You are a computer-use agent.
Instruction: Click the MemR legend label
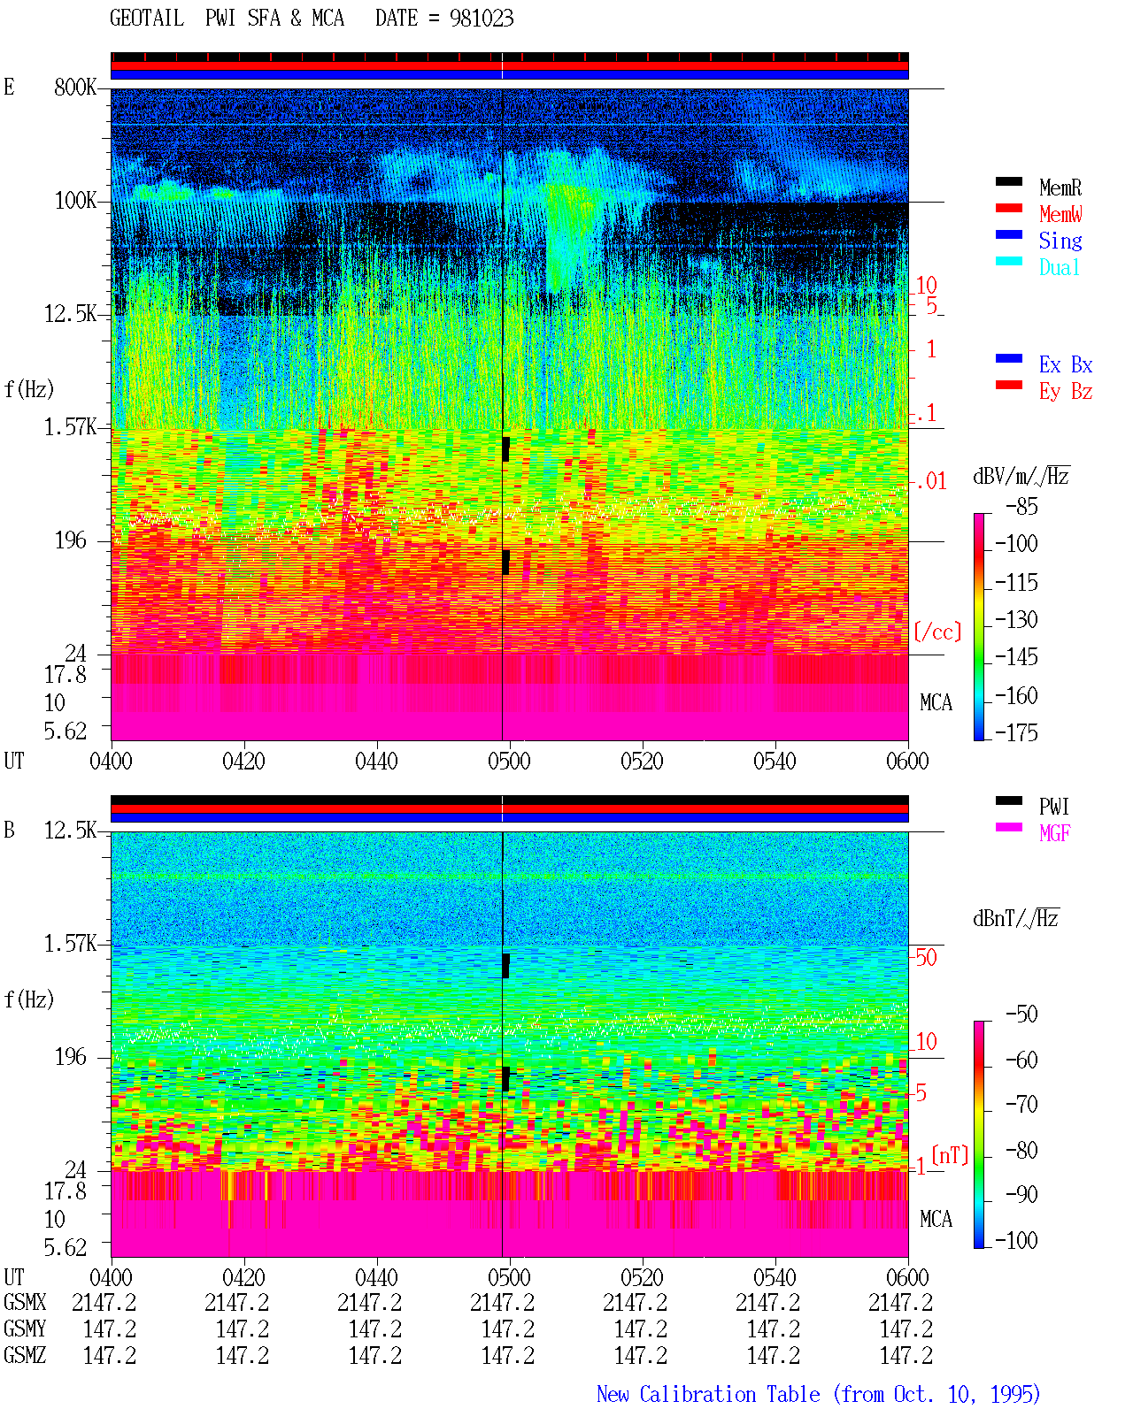pyautogui.click(x=1060, y=188)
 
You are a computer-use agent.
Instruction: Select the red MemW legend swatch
pyautogui.click(x=1008, y=208)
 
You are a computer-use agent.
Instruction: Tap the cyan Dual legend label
pyautogui.click(x=1059, y=267)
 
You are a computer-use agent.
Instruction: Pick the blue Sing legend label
pyautogui.click(x=1060, y=241)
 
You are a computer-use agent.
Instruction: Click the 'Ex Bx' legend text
pyautogui.click(x=1065, y=364)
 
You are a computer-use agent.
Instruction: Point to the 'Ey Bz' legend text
pyautogui.click(x=1065, y=392)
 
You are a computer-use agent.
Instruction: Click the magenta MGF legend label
pyautogui.click(x=1054, y=833)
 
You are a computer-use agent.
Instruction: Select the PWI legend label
pyautogui.click(x=1053, y=807)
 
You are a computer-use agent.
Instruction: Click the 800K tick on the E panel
pyautogui.click(x=75, y=87)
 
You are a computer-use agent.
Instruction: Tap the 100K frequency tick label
pyautogui.click(x=75, y=201)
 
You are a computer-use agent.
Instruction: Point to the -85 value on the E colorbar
pyautogui.click(x=1021, y=507)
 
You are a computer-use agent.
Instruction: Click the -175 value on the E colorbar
pyautogui.click(x=1016, y=732)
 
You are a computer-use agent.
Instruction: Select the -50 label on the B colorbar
pyautogui.click(x=1021, y=1015)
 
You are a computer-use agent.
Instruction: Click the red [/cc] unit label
pyautogui.click(x=937, y=632)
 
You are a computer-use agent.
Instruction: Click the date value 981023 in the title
pyautogui.click(x=482, y=19)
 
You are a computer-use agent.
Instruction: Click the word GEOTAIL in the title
pyautogui.click(x=147, y=19)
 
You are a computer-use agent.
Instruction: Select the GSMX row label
pyautogui.click(x=25, y=1302)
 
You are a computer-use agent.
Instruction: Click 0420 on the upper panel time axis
pyautogui.click(x=243, y=762)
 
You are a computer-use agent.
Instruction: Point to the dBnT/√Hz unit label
pyautogui.click(x=1016, y=918)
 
